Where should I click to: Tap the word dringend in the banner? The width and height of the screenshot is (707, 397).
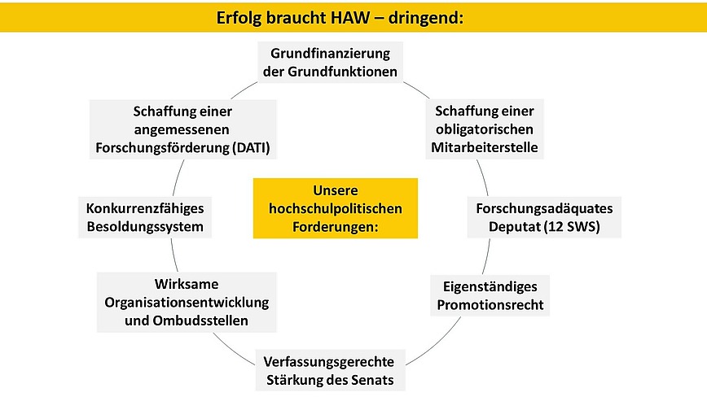click(x=426, y=19)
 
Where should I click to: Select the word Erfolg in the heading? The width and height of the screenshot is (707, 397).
click(x=239, y=19)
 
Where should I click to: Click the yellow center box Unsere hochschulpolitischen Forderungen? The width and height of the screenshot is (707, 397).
click(x=336, y=208)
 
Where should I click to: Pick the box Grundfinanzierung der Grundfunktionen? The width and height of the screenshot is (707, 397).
click(x=330, y=63)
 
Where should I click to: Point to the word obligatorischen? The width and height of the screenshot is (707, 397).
click(x=485, y=129)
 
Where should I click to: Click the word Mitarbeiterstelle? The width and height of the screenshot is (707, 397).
click(x=485, y=147)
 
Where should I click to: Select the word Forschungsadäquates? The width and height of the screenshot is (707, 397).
click(x=544, y=208)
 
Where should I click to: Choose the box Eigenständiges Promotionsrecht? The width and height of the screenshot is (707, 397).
click(x=490, y=296)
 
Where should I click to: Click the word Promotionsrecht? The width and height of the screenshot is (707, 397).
click(x=490, y=305)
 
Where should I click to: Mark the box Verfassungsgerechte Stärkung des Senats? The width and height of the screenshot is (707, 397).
click(x=330, y=370)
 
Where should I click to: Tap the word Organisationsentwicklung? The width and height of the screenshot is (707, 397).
click(x=187, y=303)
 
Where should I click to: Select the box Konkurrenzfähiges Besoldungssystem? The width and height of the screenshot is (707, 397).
click(x=145, y=217)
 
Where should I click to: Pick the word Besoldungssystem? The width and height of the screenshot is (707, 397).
click(x=145, y=226)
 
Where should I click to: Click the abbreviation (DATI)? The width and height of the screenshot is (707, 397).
click(x=251, y=147)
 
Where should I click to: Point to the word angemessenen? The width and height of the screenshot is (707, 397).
click(x=182, y=129)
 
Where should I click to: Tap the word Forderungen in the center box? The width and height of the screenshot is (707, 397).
click(x=335, y=226)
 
